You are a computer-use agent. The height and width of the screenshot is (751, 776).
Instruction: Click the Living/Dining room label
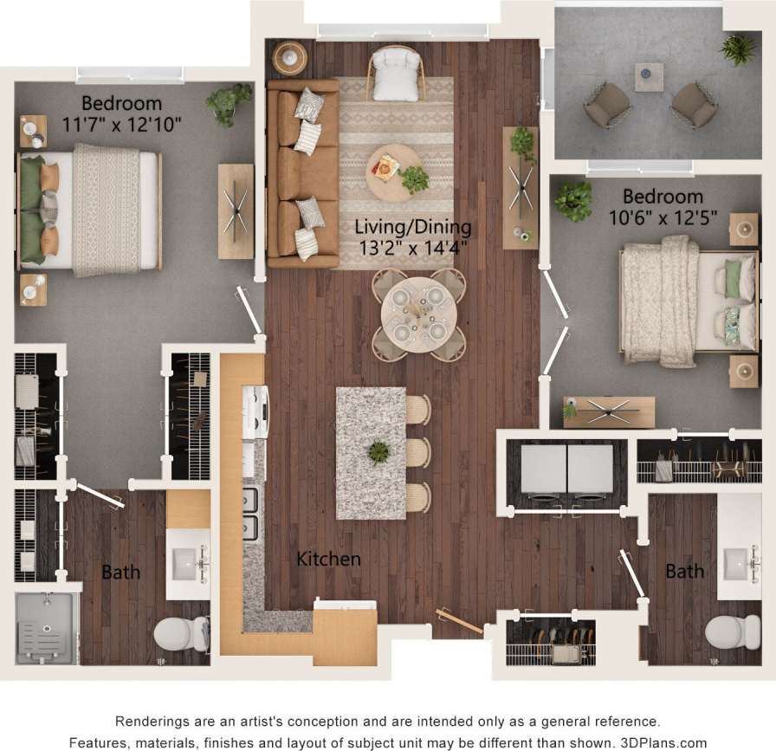pos(414,228)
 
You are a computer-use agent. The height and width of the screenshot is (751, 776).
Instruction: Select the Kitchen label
pos(328,559)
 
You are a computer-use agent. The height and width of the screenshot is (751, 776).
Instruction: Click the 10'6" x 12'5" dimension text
pos(663,217)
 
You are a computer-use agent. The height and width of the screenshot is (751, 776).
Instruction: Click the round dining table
pos(419,314)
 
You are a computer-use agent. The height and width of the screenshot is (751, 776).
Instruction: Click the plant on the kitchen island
pos(378,451)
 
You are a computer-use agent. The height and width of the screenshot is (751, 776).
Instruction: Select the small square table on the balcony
pos(649,77)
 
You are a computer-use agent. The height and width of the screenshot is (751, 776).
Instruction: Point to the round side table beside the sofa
pos(290,58)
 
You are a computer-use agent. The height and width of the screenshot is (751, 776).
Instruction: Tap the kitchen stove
pos(255,411)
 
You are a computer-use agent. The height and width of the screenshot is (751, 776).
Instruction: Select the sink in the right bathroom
pos(738,564)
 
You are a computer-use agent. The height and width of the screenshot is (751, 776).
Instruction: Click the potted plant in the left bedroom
pos(228,102)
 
